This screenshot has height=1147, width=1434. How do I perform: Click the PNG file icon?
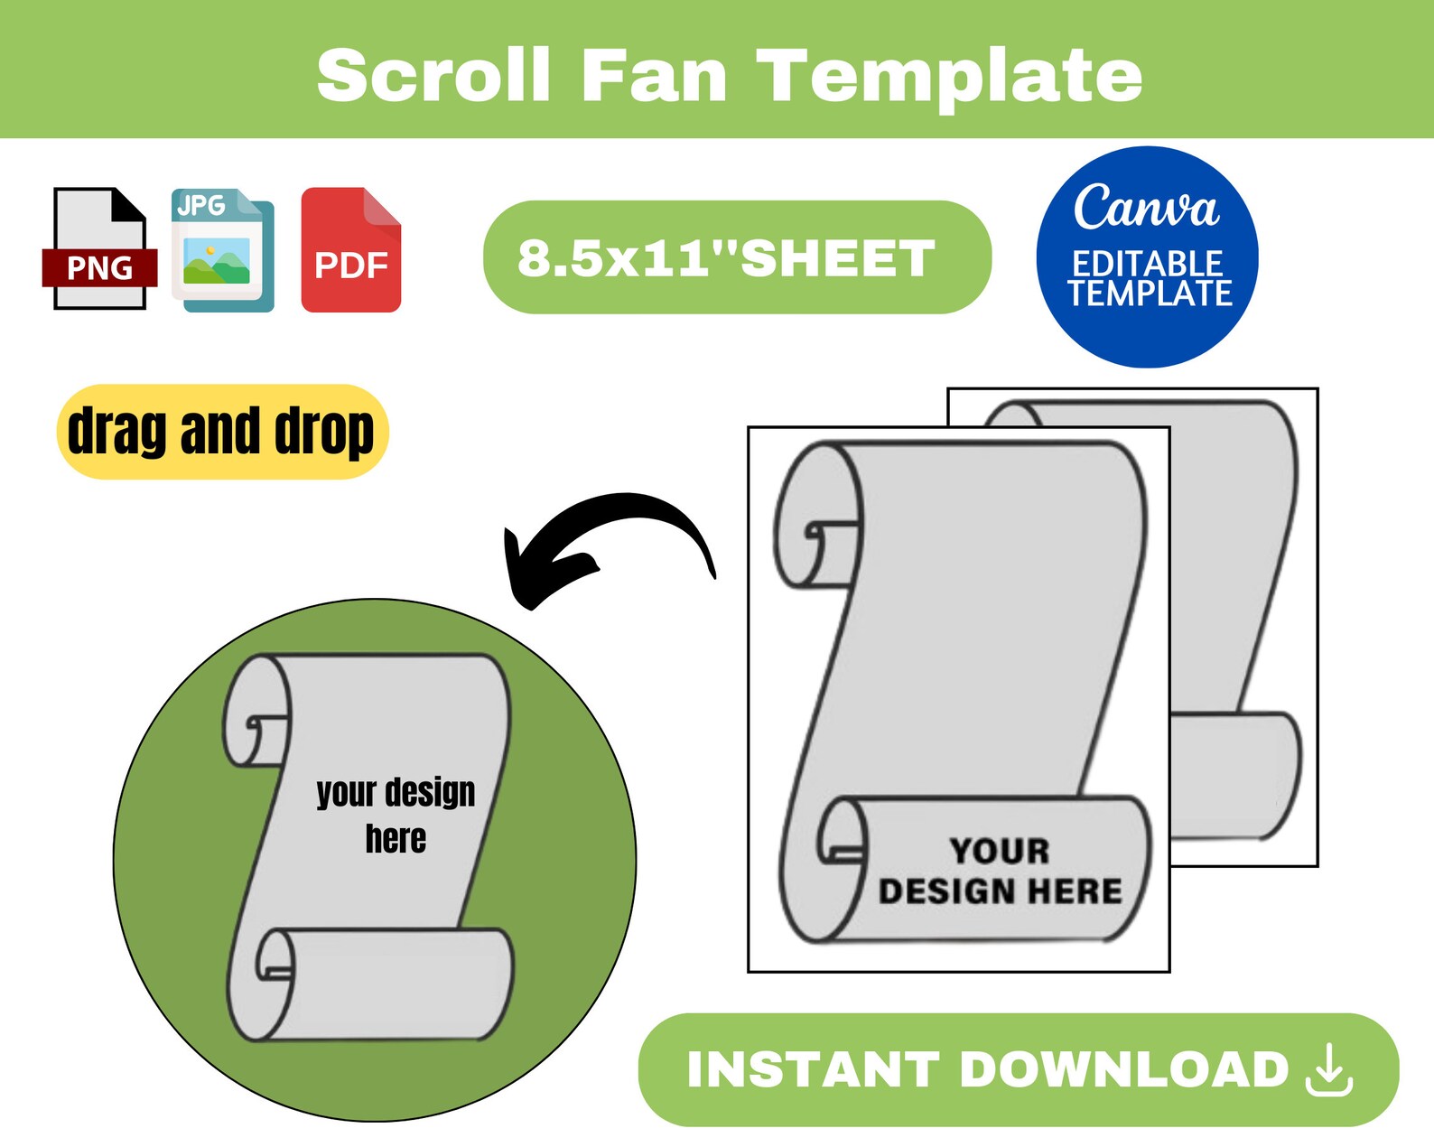(x=98, y=249)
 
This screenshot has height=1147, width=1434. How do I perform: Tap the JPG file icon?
(x=222, y=250)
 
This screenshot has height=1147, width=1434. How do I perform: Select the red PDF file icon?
(x=350, y=250)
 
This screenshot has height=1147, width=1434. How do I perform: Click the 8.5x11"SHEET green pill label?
(x=736, y=258)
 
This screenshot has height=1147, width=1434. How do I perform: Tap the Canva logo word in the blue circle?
(x=1146, y=207)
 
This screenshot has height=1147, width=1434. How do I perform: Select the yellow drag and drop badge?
(x=221, y=432)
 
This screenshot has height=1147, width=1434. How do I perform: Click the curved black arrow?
(x=605, y=542)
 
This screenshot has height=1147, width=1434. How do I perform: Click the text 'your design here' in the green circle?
(x=396, y=815)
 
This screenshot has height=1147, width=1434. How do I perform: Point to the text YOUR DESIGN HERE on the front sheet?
(x=1000, y=872)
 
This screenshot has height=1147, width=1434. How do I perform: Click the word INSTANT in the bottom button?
(x=813, y=1070)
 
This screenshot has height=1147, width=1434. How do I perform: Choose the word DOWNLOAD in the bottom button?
(x=1124, y=1070)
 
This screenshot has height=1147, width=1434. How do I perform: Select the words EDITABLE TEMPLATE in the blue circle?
(x=1148, y=279)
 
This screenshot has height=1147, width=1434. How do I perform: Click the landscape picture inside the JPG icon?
(x=217, y=260)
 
